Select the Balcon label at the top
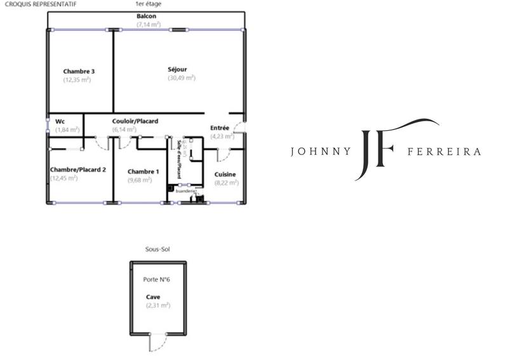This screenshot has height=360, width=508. pyautogui.click(x=147, y=16)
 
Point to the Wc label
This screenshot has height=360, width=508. pyautogui.click(x=60, y=121)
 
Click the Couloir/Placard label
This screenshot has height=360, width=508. pyautogui.click(x=135, y=121)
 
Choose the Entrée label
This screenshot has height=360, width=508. pyautogui.click(x=220, y=128)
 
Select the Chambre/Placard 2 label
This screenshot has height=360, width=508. pyautogui.click(x=77, y=170)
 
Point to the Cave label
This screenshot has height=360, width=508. pyautogui.click(x=152, y=297)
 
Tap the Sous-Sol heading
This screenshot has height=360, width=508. pyautogui.click(x=157, y=250)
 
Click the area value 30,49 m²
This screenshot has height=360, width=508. pyautogui.click(x=182, y=78)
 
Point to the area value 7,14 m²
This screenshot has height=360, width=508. pyautogui.click(x=149, y=24)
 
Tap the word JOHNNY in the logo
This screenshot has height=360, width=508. pyautogui.click(x=319, y=152)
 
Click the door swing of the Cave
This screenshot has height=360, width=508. pyautogui.click(x=154, y=343)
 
